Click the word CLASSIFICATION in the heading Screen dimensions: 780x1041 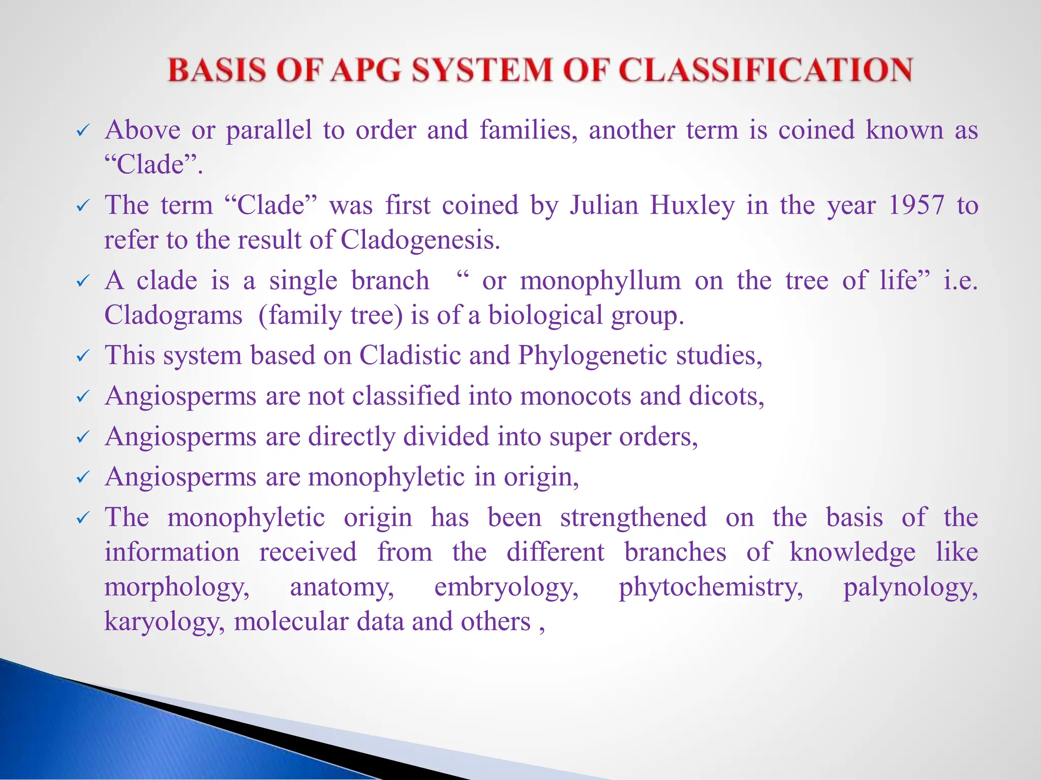(766, 70)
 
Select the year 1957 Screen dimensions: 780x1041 (916, 206)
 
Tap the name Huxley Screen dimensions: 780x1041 (692, 206)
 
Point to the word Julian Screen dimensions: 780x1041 (603, 206)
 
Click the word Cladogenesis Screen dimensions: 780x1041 (420, 240)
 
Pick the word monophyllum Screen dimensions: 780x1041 (600, 281)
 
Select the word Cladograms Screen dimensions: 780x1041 (173, 315)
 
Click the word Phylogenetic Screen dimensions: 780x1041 (592, 355)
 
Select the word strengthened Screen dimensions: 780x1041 (633, 517)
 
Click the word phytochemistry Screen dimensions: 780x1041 (711, 588)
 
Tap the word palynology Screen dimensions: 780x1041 (910, 588)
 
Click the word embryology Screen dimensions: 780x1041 (506, 588)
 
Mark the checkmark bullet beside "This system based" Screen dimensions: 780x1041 (82, 356)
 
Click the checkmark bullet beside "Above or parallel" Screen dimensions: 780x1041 (82, 131)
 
